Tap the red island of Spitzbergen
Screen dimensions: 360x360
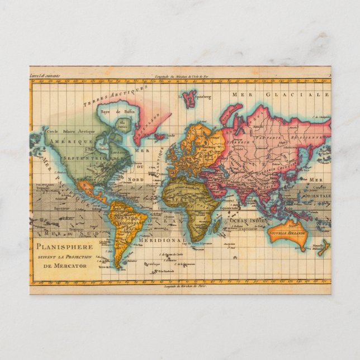pos(188,98)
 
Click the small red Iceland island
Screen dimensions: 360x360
pos(159,136)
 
